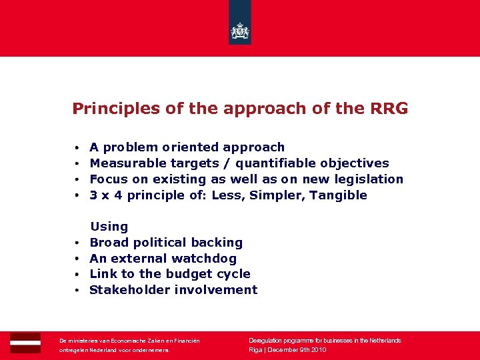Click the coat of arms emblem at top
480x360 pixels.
(x=240, y=31)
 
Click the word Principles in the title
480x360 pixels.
(x=107, y=109)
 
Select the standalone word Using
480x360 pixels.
(x=109, y=227)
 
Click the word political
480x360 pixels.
(x=168, y=243)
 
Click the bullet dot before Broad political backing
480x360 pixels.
(x=77, y=243)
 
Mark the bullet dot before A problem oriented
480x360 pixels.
(x=77, y=148)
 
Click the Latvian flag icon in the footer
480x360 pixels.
(x=25, y=342)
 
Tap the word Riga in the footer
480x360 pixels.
(x=255, y=350)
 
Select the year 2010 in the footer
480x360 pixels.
(x=317, y=350)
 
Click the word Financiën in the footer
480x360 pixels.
(x=186, y=341)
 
